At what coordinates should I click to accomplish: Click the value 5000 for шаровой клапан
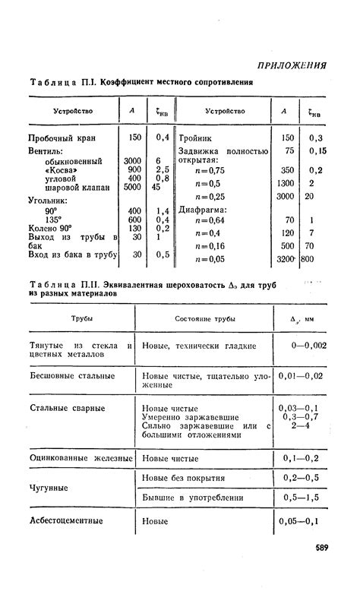(132, 188)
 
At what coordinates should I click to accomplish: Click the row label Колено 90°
(49, 228)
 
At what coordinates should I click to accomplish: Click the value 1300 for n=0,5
(285, 183)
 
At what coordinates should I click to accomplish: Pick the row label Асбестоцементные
(66, 521)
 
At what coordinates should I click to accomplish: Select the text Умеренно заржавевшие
(191, 418)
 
